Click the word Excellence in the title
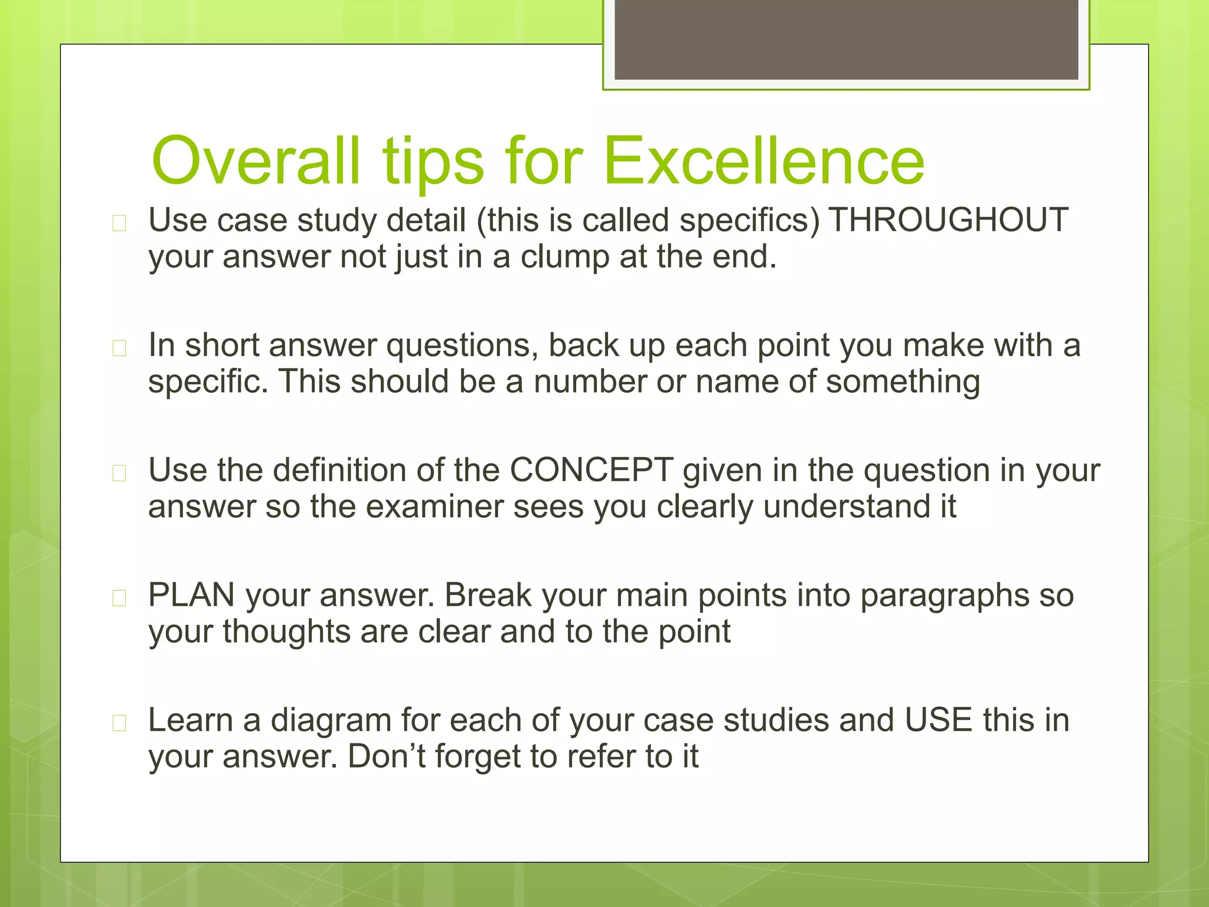(x=764, y=161)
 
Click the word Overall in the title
(x=255, y=161)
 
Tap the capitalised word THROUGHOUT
(x=949, y=220)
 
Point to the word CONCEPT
(x=591, y=470)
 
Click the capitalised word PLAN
(x=191, y=595)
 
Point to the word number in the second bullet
(x=590, y=381)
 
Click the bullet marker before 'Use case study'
(x=119, y=223)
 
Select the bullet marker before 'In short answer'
(x=119, y=348)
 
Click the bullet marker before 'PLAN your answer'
(x=119, y=598)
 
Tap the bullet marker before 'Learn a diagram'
(x=119, y=723)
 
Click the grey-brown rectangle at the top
(x=846, y=39)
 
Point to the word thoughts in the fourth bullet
(x=286, y=632)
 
